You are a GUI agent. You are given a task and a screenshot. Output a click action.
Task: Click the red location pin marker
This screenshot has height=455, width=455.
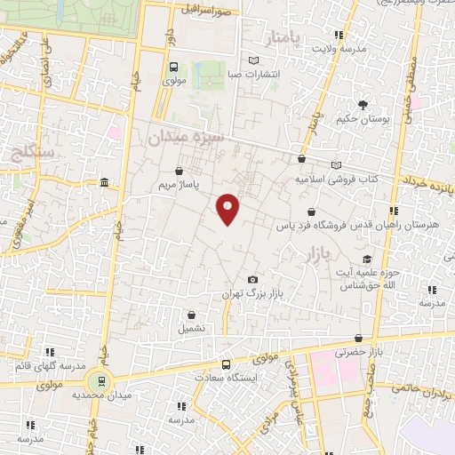tap(228, 208)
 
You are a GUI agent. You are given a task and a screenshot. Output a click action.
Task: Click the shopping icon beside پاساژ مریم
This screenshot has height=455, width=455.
tap(180, 171)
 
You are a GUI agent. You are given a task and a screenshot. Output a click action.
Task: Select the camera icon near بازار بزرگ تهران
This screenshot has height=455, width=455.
tap(252, 279)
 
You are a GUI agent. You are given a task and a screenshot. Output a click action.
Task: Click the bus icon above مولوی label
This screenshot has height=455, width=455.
tap(172, 66)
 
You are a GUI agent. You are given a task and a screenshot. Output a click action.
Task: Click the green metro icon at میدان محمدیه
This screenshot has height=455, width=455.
tap(100, 380)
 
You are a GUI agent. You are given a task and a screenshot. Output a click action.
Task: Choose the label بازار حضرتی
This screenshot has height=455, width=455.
tap(357, 352)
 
